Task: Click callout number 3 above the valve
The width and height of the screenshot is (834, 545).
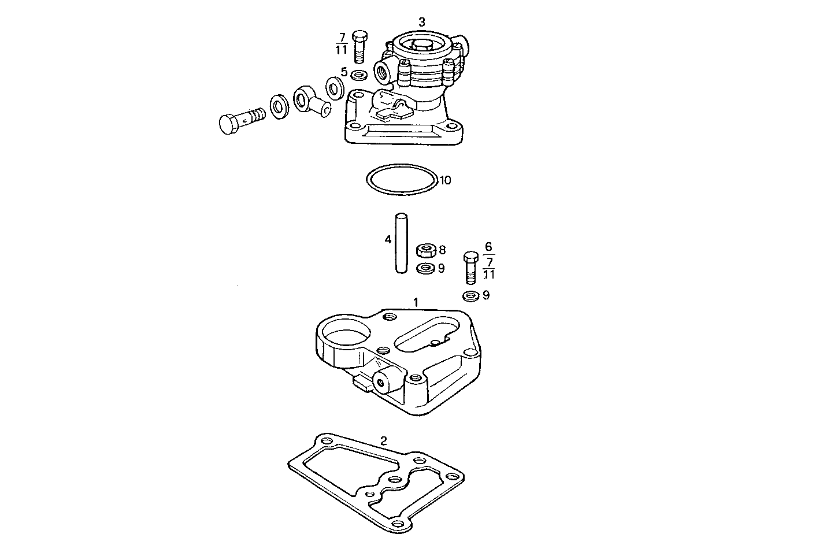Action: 422,22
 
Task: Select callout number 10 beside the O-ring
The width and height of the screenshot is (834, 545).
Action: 445,180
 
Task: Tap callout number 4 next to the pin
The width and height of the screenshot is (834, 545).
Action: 388,239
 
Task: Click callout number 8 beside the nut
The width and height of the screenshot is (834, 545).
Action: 442,250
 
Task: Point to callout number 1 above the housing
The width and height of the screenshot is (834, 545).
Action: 415,302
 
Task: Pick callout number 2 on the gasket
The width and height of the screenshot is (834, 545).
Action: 384,441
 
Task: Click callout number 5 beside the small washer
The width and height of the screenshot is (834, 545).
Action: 344,72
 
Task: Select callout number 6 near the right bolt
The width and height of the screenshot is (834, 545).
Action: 488,246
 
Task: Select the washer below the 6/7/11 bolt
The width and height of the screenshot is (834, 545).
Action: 470,296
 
